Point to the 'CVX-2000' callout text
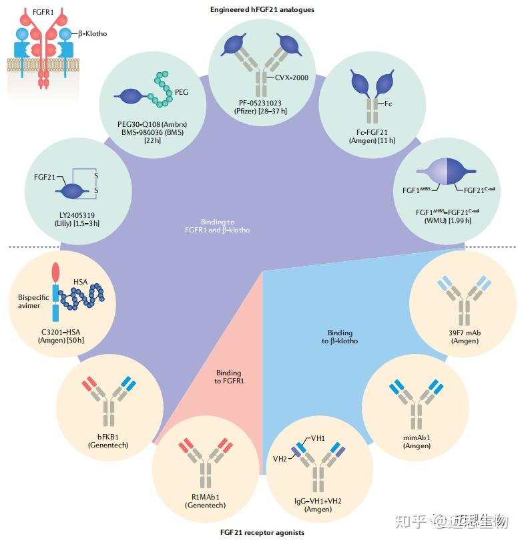point(292,77)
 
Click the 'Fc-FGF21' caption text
point(372,132)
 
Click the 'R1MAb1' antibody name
point(205,497)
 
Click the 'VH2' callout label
point(280,460)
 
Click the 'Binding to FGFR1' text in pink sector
point(228,377)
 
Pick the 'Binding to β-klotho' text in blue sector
point(340,337)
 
